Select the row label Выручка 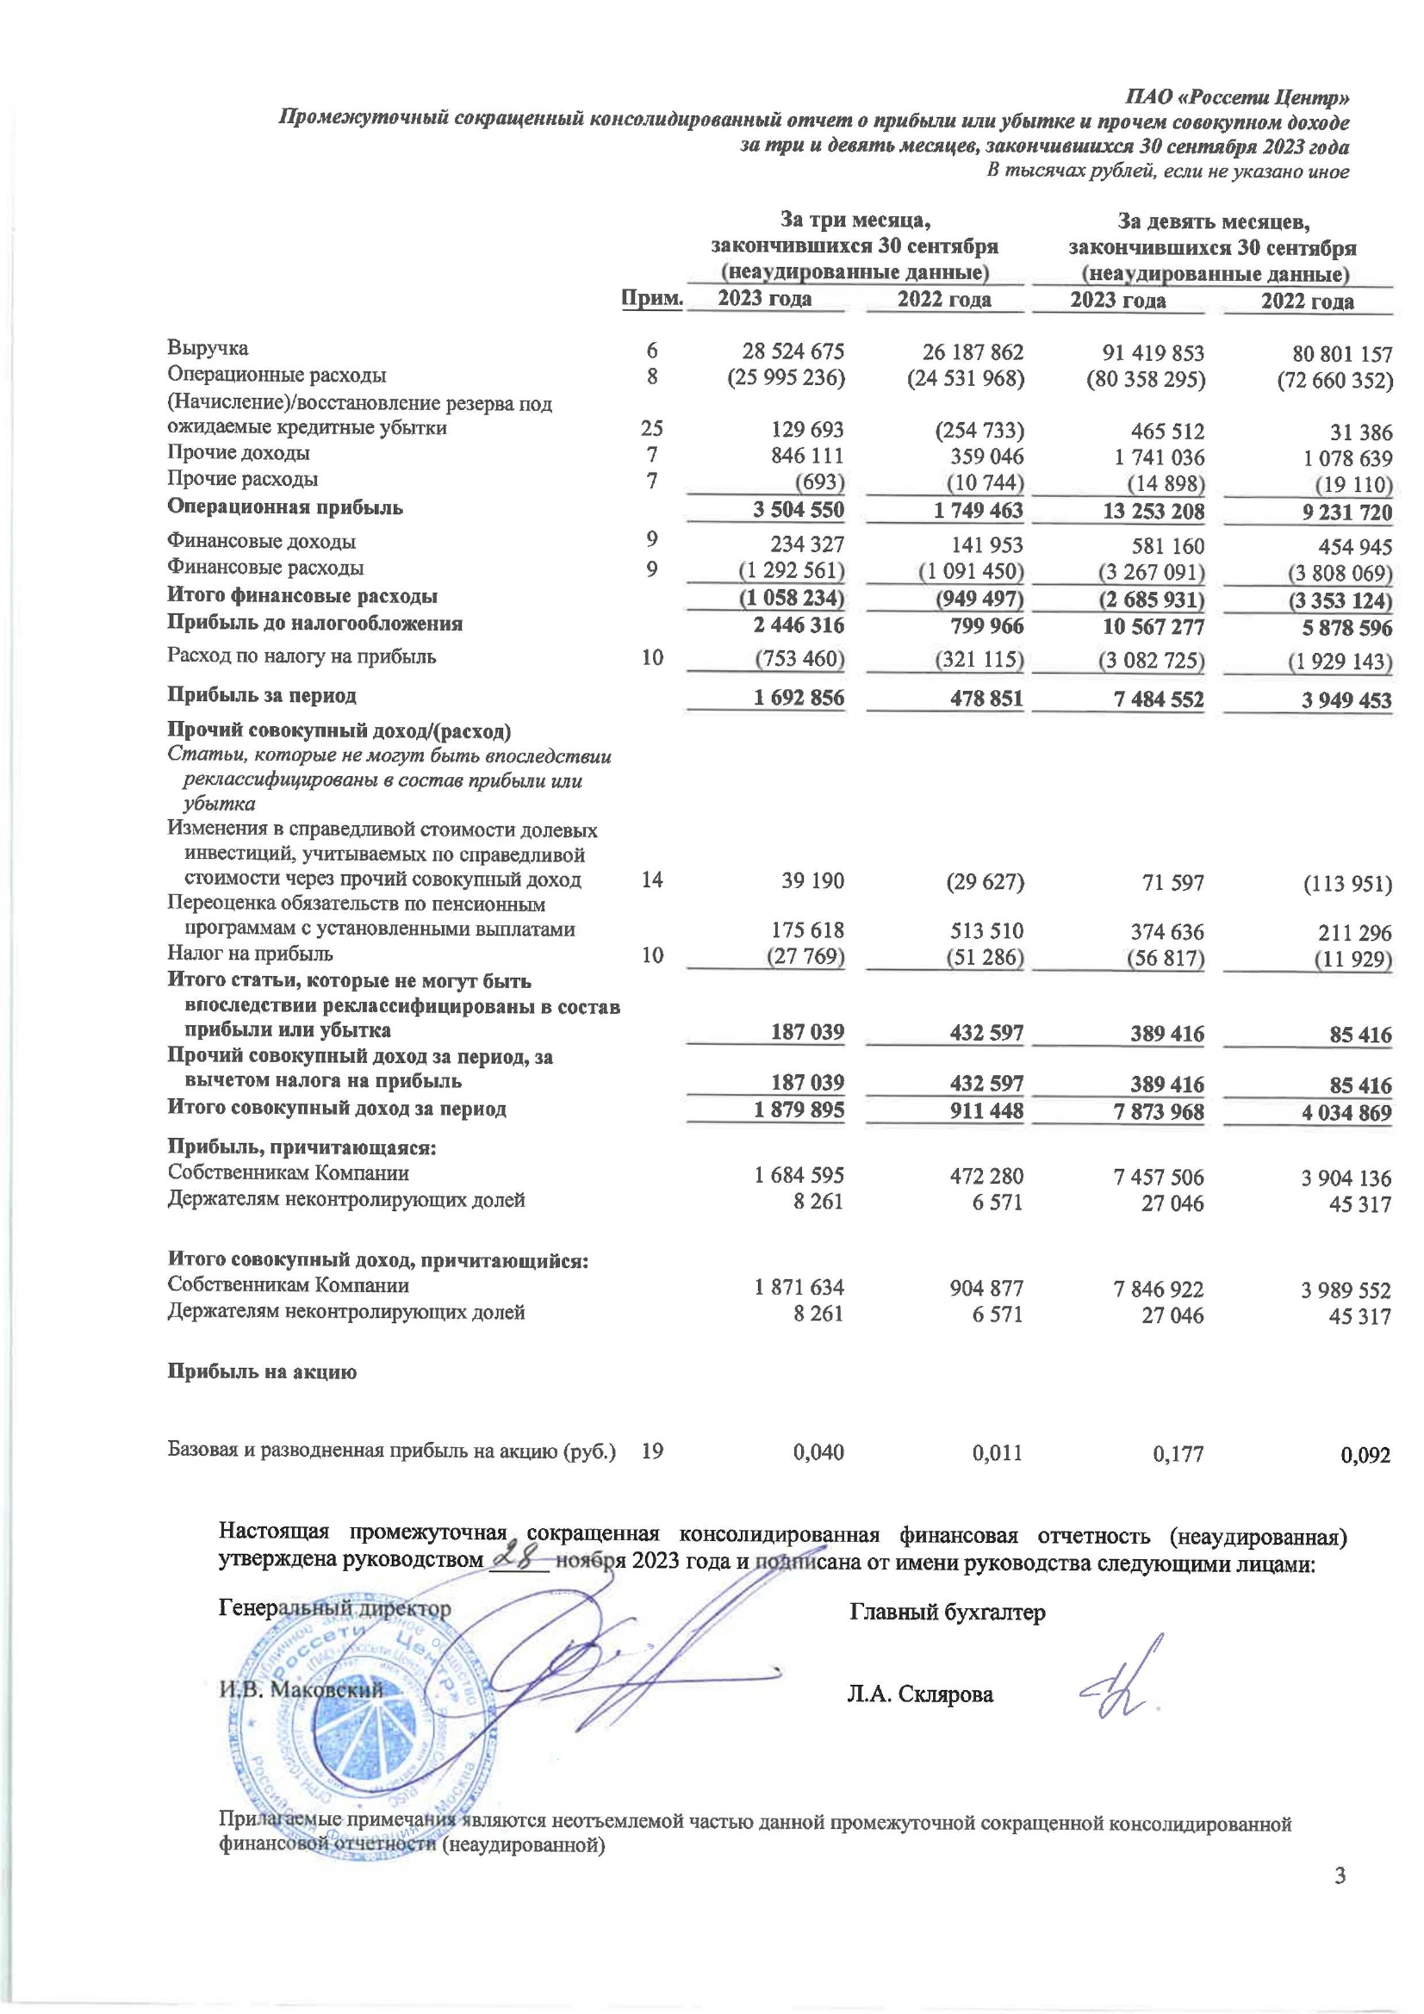coord(208,348)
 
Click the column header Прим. coord(652,298)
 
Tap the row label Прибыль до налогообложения coord(315,624)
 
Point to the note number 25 coord(652,428)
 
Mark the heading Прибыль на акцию coord(263,1373)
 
